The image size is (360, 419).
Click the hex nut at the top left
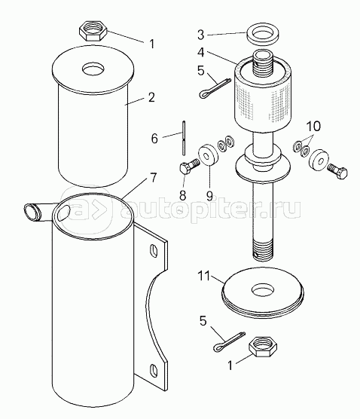[93, 31]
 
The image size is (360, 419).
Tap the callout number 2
[151, 97]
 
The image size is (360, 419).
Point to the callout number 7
[153, 178]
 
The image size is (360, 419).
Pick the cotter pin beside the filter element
[215, 87]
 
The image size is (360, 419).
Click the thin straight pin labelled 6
[184, 138]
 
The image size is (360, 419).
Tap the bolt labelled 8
[189, 167]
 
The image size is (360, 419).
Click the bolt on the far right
[337, 170]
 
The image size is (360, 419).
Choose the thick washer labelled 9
[209, 155]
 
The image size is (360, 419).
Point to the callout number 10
[313, 126]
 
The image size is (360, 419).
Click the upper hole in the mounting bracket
[154, 251]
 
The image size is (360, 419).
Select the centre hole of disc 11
[263, 290]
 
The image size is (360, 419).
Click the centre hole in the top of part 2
[93, 70]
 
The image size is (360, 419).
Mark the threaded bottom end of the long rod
[263, 250]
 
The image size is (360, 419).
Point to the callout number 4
[201, 53]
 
